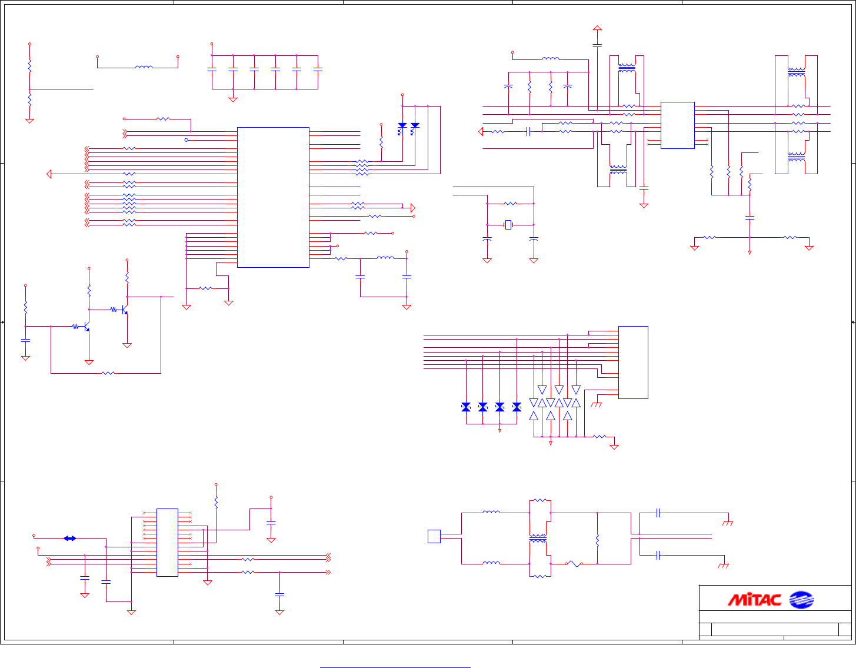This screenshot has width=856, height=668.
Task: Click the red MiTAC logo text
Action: coord(754,600)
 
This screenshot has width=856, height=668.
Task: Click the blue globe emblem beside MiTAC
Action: coord(801,600)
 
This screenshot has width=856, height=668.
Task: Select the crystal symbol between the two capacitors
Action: coord(508,225)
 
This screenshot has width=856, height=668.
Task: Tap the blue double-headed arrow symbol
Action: coord(70,539)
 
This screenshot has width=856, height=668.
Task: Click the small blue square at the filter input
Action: coord(434,536)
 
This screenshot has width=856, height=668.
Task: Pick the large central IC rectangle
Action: coord(273,197)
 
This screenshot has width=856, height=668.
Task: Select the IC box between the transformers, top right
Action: coord(678,125)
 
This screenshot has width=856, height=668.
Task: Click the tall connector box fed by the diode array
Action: coord(633,363)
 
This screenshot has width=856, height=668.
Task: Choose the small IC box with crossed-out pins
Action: coord(168,543)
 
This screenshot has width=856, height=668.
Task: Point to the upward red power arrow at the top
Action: coord(597,28)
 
